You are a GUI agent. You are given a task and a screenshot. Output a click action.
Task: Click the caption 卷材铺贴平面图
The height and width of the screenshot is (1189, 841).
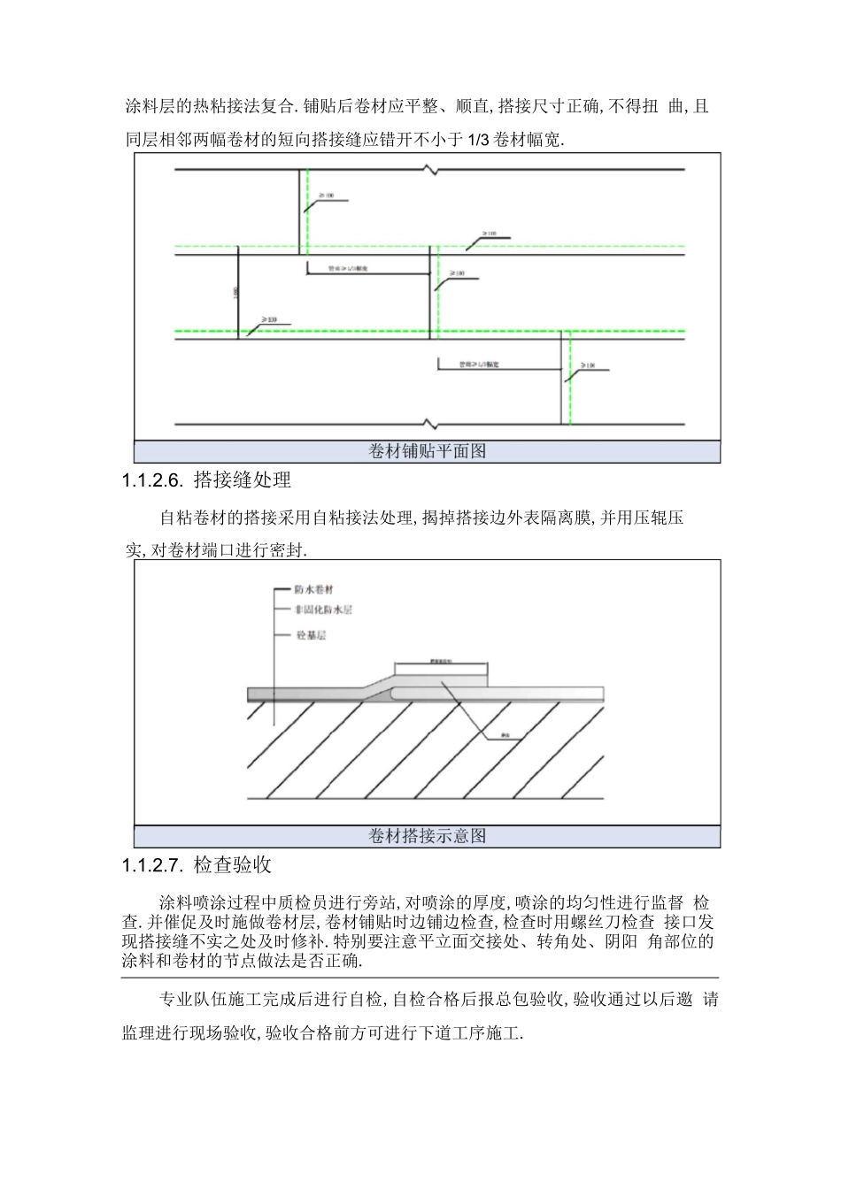[x=428, y=451]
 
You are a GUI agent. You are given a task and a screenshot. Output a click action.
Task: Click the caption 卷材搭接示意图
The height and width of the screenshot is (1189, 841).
[x=428, y=836]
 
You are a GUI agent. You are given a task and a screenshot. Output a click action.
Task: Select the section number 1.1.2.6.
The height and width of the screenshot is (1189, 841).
[x=152, y=481]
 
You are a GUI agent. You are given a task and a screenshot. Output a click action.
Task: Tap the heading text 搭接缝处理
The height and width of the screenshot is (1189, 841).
[x=242, y=480]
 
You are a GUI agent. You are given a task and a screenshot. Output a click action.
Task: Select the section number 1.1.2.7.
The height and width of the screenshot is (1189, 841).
[x=152, y=865]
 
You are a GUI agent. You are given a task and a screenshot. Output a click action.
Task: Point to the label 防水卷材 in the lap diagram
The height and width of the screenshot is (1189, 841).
[x=313, y=589]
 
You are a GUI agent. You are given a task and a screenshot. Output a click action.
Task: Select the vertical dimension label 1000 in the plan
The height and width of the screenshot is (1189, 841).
[x=235, y=293]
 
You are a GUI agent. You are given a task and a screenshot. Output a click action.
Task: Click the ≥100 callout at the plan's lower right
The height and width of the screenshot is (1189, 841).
[x=588, y=364]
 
